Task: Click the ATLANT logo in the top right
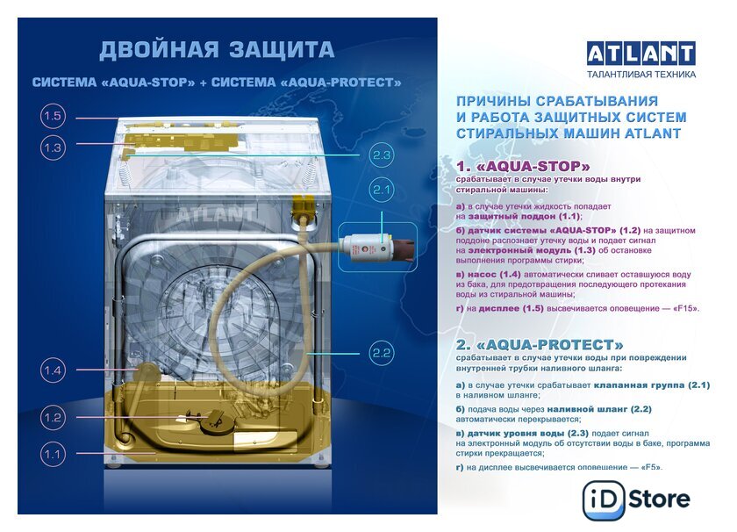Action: [641, 54]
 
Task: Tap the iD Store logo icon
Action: [604, 500]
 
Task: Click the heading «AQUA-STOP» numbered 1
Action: [523, 166]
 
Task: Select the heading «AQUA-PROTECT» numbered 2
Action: [540, 345]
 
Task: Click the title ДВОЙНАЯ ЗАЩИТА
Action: [217, 50]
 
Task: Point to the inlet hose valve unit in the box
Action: [377, 247]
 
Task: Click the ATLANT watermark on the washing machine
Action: [217, 214]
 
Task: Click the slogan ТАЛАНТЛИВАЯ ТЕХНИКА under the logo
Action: [641, 74]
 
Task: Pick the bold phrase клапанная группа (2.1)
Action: [652, 385]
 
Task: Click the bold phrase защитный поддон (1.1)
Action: [524, 216]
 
